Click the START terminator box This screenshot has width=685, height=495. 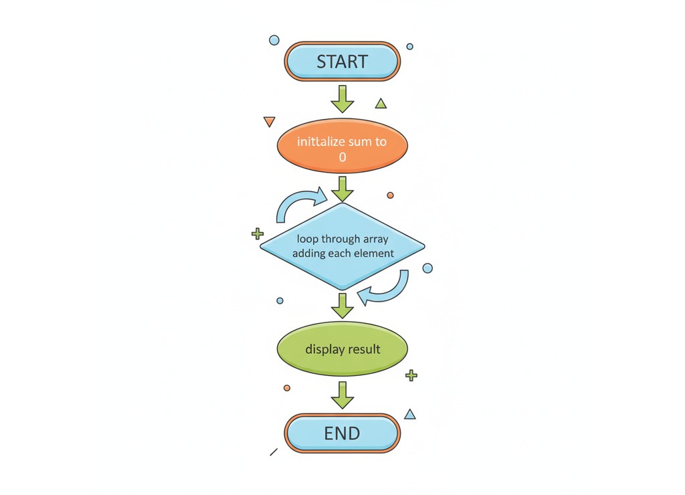pyautogui.click(x=342, y=62)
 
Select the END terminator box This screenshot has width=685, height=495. pyautogui.click(x=342, y=433)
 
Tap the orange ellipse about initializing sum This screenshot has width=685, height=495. pyautogui.click(x=342, y=146)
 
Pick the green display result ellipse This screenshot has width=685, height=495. pyautogui.click(x=342, y=349)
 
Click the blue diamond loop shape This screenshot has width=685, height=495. pyautogui.click(x=342, y=246)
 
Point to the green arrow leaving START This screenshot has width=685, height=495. pyautogui.click(x=342, y=98)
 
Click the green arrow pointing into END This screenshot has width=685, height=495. pyautogui.click(x=342, y=395)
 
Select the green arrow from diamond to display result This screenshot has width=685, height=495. pyautogui.click(x=342, y=305)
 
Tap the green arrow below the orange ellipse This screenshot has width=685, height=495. pyautogui.click(x=342, y=189)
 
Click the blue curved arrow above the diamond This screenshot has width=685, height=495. pyautogui.click(x=300, y=202)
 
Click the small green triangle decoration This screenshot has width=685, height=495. pyautogui.click(x=381, y=104)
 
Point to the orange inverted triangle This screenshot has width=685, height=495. pyautogui.click(x=270, y=122)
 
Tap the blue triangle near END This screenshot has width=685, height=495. pyautogui.click(x=410, y=415)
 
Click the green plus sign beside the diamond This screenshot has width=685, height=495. pyautogui.click(x=258, y=233)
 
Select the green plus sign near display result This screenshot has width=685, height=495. pyautogui.click(x=411, y=375)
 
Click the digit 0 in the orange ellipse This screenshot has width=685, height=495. pyautogui.click(x=342, y=158)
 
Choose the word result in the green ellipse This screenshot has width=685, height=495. pyautogui.click(x=363, y=349)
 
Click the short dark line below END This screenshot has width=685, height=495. pyautogui.click(x=274, y=452)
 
